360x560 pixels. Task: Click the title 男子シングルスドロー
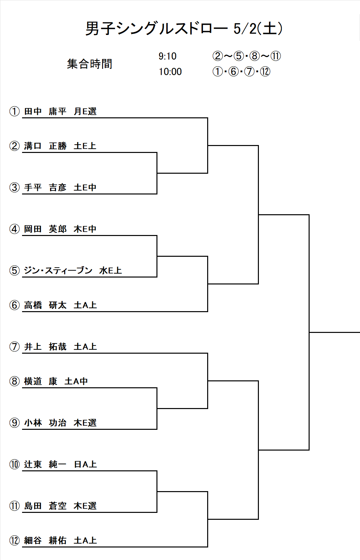click(156, 28)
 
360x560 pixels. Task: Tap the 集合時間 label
click(90, 64)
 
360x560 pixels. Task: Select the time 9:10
click(167, 56)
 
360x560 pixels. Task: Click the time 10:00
click(170, 72)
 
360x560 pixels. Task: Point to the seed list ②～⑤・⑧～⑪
click(247, 56)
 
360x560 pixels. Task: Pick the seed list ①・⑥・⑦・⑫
click(241, 72)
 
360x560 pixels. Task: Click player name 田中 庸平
click(45, 111)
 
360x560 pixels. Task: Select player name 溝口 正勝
click(45, 146)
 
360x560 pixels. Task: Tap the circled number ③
click(14, 188)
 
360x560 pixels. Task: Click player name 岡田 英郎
click(45, 229)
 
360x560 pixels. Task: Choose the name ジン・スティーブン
click(58, 271)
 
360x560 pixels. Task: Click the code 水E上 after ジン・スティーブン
click(110, 271)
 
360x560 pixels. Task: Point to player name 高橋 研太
click(45, 305)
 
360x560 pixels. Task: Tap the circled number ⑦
click(14, 347)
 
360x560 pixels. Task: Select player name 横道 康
click(41, 381)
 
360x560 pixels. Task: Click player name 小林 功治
click(45, 423)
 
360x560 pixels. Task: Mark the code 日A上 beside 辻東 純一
click(85, 464)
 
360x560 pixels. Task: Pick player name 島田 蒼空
click(45, 506)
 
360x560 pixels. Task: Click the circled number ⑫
click(14, 541)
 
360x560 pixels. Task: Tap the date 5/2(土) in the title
click(258, 28)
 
